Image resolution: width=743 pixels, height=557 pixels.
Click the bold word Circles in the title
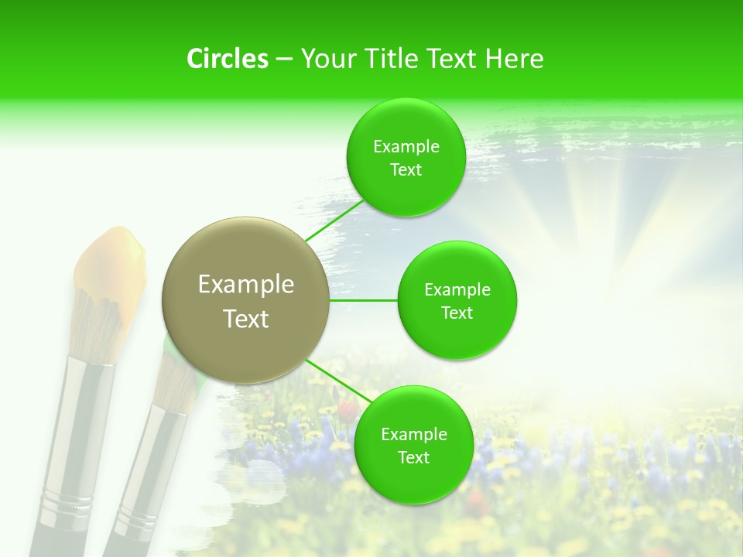(x=227, y=59)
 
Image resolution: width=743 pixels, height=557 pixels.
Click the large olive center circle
(x=245, y=301)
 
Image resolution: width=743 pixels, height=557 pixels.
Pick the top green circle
(x=406, y=158)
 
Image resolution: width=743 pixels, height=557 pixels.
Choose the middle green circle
(x=457, y=301)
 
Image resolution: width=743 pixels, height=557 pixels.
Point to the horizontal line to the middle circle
(x=364, y=300)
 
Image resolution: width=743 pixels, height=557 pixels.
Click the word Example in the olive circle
(x=245, y=285)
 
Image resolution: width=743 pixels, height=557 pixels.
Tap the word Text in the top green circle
(x=406, y=170)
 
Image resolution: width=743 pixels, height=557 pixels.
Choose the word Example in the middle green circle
(x=457, y=290)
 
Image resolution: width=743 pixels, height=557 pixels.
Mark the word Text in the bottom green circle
(x=413, y=457)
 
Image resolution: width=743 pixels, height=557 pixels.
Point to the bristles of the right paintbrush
(x=176, y=379)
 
